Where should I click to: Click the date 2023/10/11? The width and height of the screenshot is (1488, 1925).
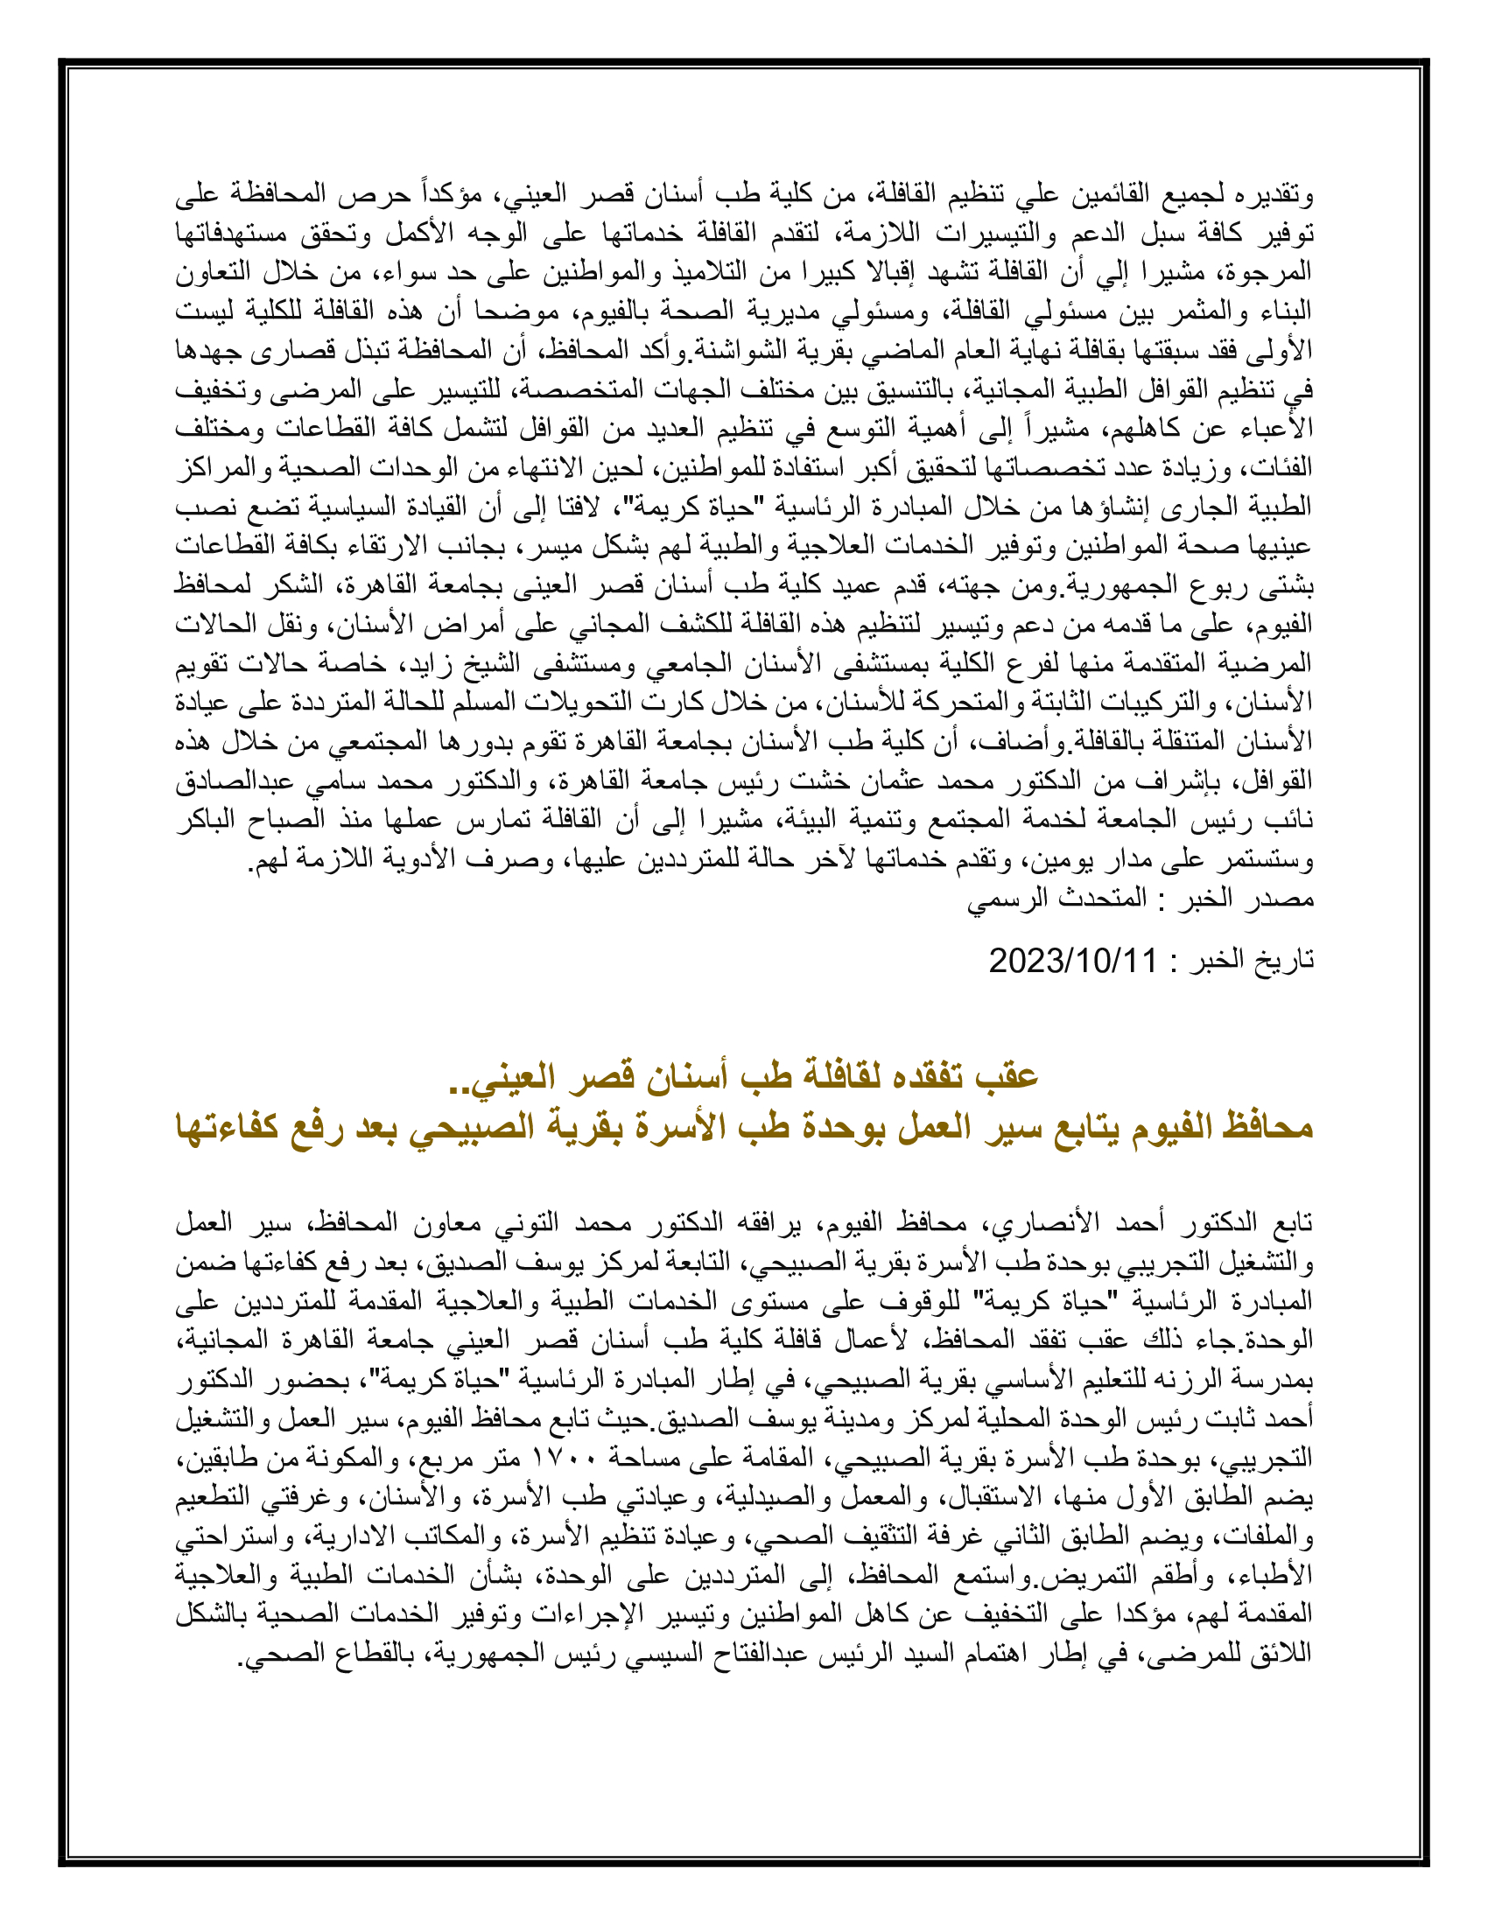[1072, 960]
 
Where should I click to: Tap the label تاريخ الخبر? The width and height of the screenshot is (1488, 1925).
[1253, 960]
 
